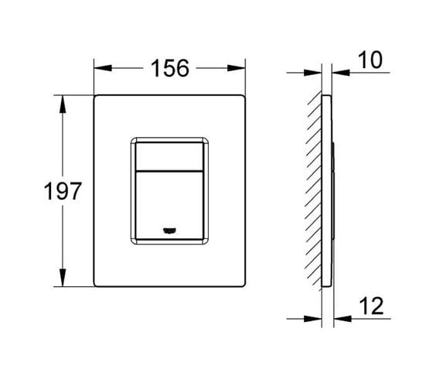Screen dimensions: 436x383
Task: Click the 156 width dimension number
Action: click(170, 68)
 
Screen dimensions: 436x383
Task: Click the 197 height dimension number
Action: click(63, 191)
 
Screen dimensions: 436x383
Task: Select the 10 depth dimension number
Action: click(370, 60)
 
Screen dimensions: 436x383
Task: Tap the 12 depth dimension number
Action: click(371, 306)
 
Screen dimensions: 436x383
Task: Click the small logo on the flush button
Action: click(169, 231)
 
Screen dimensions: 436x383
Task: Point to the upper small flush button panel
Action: click(169, 156)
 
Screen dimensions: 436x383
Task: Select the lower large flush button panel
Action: click(169, 205)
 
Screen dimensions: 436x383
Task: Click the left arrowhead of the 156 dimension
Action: click(103, 68)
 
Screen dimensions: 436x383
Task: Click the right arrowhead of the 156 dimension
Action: click(237, 68)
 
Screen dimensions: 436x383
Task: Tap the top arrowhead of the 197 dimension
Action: click(63, 104)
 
